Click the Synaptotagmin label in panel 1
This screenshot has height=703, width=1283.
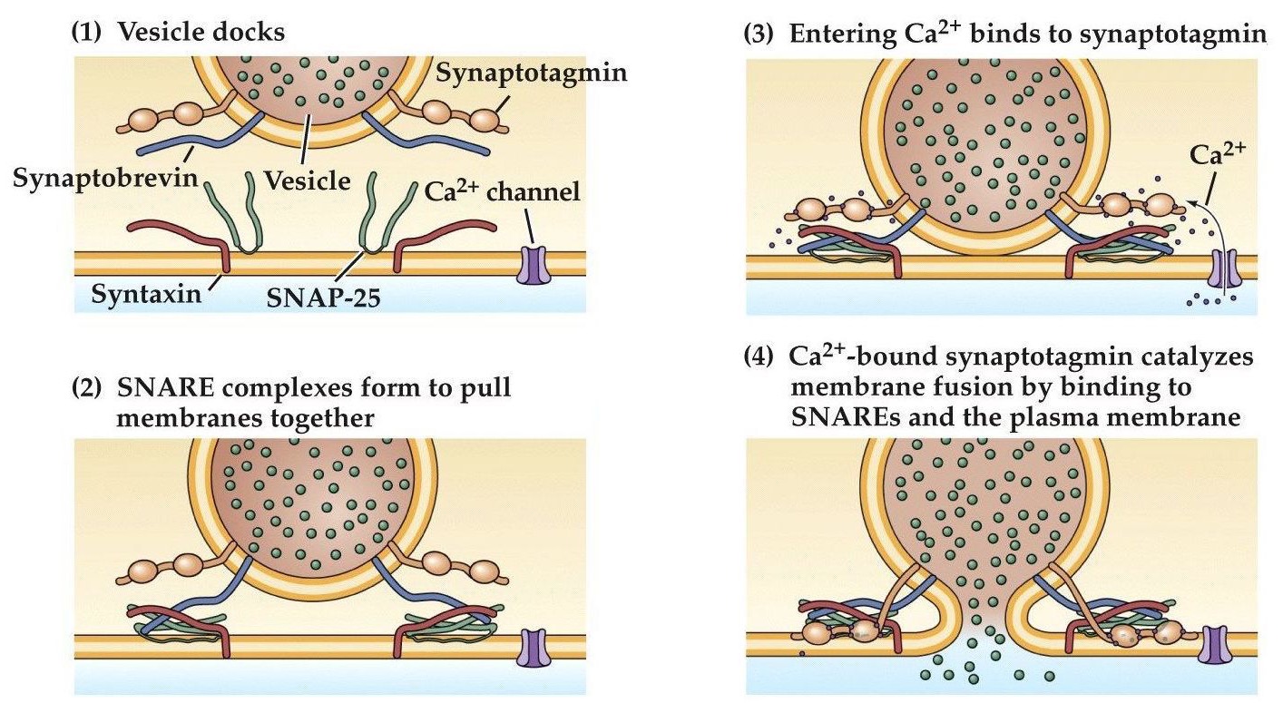(x=531, y=73)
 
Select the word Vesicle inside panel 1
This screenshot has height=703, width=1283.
(x=308, y=180)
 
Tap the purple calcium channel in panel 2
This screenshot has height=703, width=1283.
(x=534, y=648)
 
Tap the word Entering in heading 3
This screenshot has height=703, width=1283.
(x=831, y=35)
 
